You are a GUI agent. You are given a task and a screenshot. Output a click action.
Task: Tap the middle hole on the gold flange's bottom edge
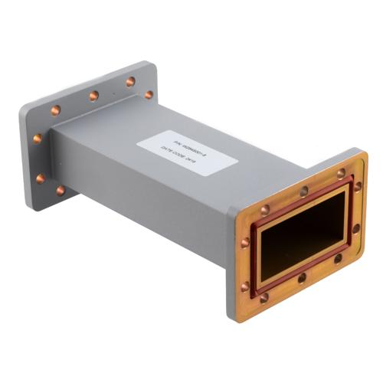tap(302, 278)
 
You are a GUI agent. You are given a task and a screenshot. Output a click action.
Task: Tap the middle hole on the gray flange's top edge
tap(93, 96)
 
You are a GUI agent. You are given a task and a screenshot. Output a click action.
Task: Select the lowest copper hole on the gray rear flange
tap(61, 191)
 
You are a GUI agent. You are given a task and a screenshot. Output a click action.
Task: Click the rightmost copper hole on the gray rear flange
tap(149, 95)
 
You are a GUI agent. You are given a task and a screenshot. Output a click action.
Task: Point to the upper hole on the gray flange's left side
tap(38, 139)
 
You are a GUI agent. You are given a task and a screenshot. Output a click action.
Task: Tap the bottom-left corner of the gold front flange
tap(233, 314)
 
